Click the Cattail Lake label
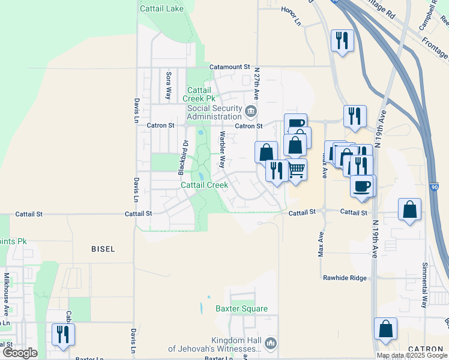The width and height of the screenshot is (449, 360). pyautogui.click(x=161, y=9)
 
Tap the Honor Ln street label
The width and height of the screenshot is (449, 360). pyautogui.click(x=291, y=22)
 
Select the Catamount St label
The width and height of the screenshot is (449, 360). pyautogui.click(x=229, y=67)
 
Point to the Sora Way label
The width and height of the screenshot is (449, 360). pyautogui.click(x=169, y=86)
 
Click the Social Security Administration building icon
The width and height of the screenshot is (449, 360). pyautogui.click(x=250, y=111)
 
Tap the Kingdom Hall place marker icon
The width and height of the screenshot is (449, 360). pyautogui.click(x=270, y=344)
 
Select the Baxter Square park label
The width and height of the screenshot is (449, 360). pyautogui.click(x=241, y=309)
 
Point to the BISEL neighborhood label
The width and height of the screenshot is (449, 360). pyautogui.click(x=103, y=248)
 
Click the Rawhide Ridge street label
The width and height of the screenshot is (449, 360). pyautogui.click(x=344, y=278)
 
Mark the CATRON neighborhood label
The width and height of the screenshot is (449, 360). pyautogui.click(x=425, y=349)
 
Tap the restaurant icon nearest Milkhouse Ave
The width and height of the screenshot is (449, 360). pyautogui.click(x=62, y=333)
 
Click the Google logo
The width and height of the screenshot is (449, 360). pyautogui.click(x=20, y=353)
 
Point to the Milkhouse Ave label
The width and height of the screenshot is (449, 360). pyautogui.click(x=7, y=295)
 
